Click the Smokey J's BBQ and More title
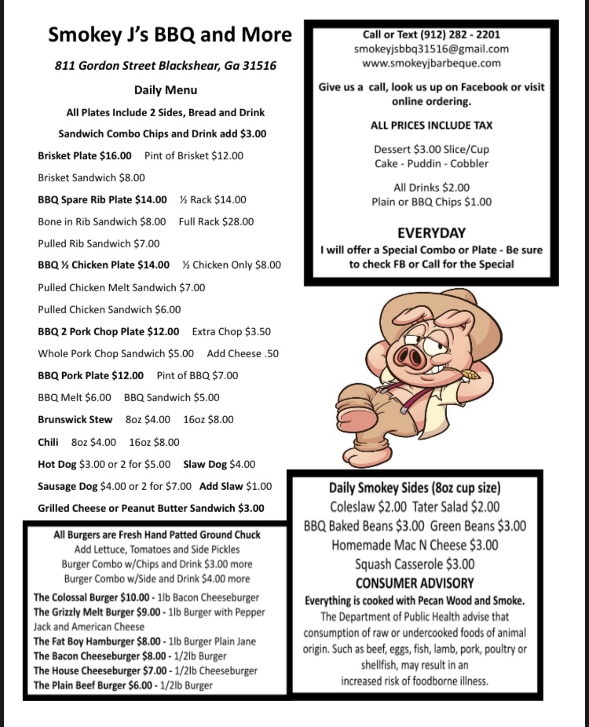(170, 35)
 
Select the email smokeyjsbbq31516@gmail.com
(431, 49)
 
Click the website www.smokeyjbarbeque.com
(431, 63)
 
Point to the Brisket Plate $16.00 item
(85, 155)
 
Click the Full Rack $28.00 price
(216, 221)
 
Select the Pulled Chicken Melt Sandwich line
(121, 287)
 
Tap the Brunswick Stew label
(75, 419)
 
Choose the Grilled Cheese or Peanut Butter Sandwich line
(151, 508)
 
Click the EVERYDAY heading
(431, 232)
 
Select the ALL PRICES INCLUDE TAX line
(431, 126)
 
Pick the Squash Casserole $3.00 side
(415, 564)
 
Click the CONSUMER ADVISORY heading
(415, 583)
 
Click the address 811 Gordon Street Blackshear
(165, 66)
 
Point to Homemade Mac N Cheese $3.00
(415, 545)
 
